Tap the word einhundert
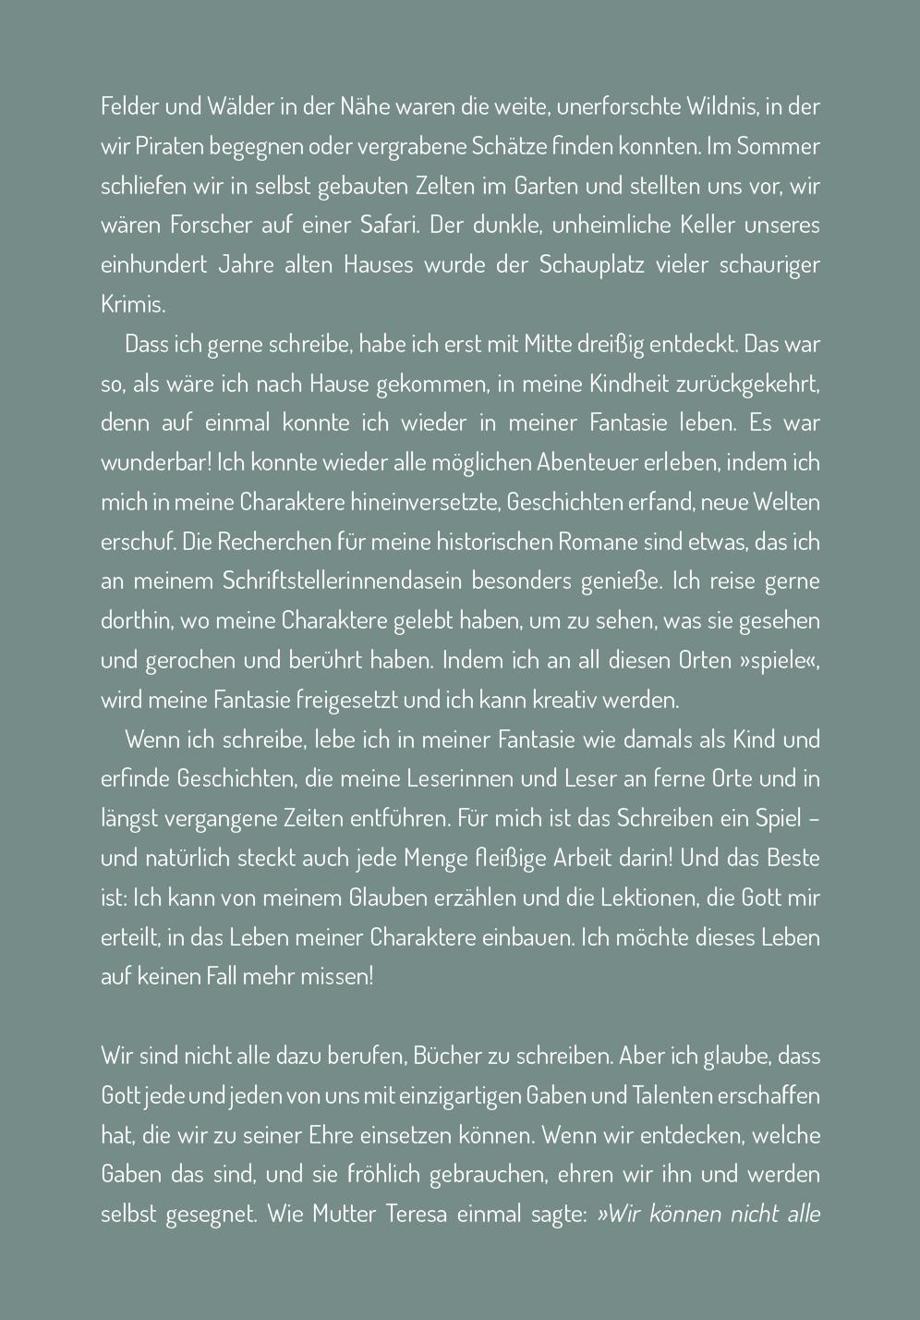point(151,265)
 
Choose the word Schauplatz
point(587,265)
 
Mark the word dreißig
point(609,345)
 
